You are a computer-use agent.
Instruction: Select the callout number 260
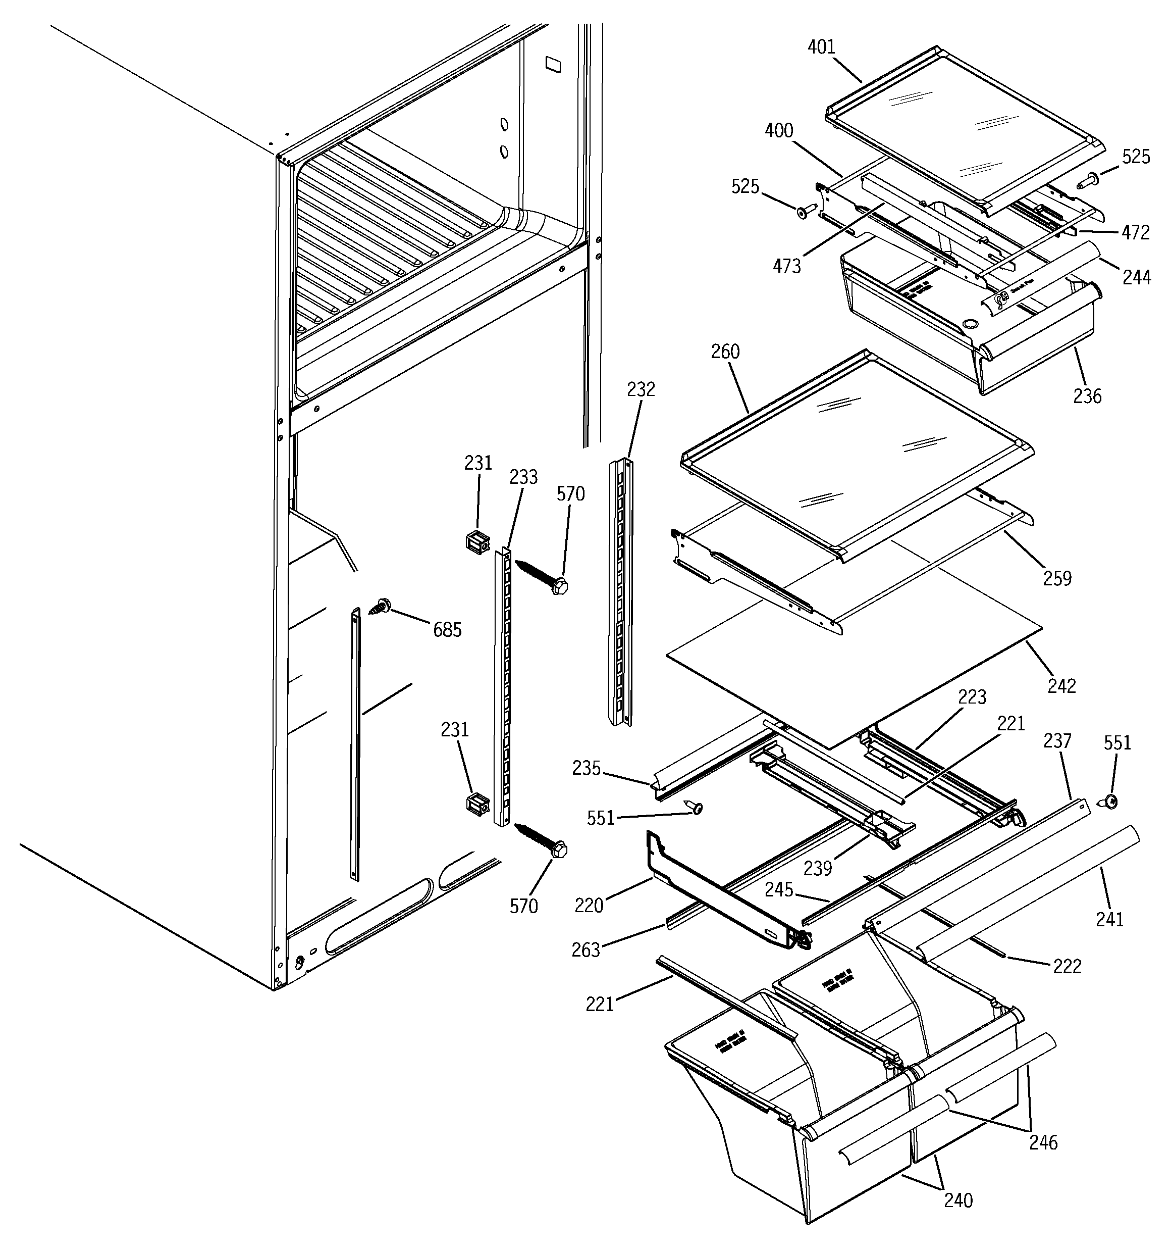click(725, 352)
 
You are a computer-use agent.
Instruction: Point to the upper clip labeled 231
click(477, 542)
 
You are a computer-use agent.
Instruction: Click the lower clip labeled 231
click(477, 804)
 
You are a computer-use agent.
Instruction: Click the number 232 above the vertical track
click(641, 390)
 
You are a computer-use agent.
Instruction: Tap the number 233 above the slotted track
click(523, 477)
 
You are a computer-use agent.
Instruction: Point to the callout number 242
click(1061, 685)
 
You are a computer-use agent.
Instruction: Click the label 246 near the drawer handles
click(1043, 1142)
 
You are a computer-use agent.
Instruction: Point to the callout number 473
click(787, 267)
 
